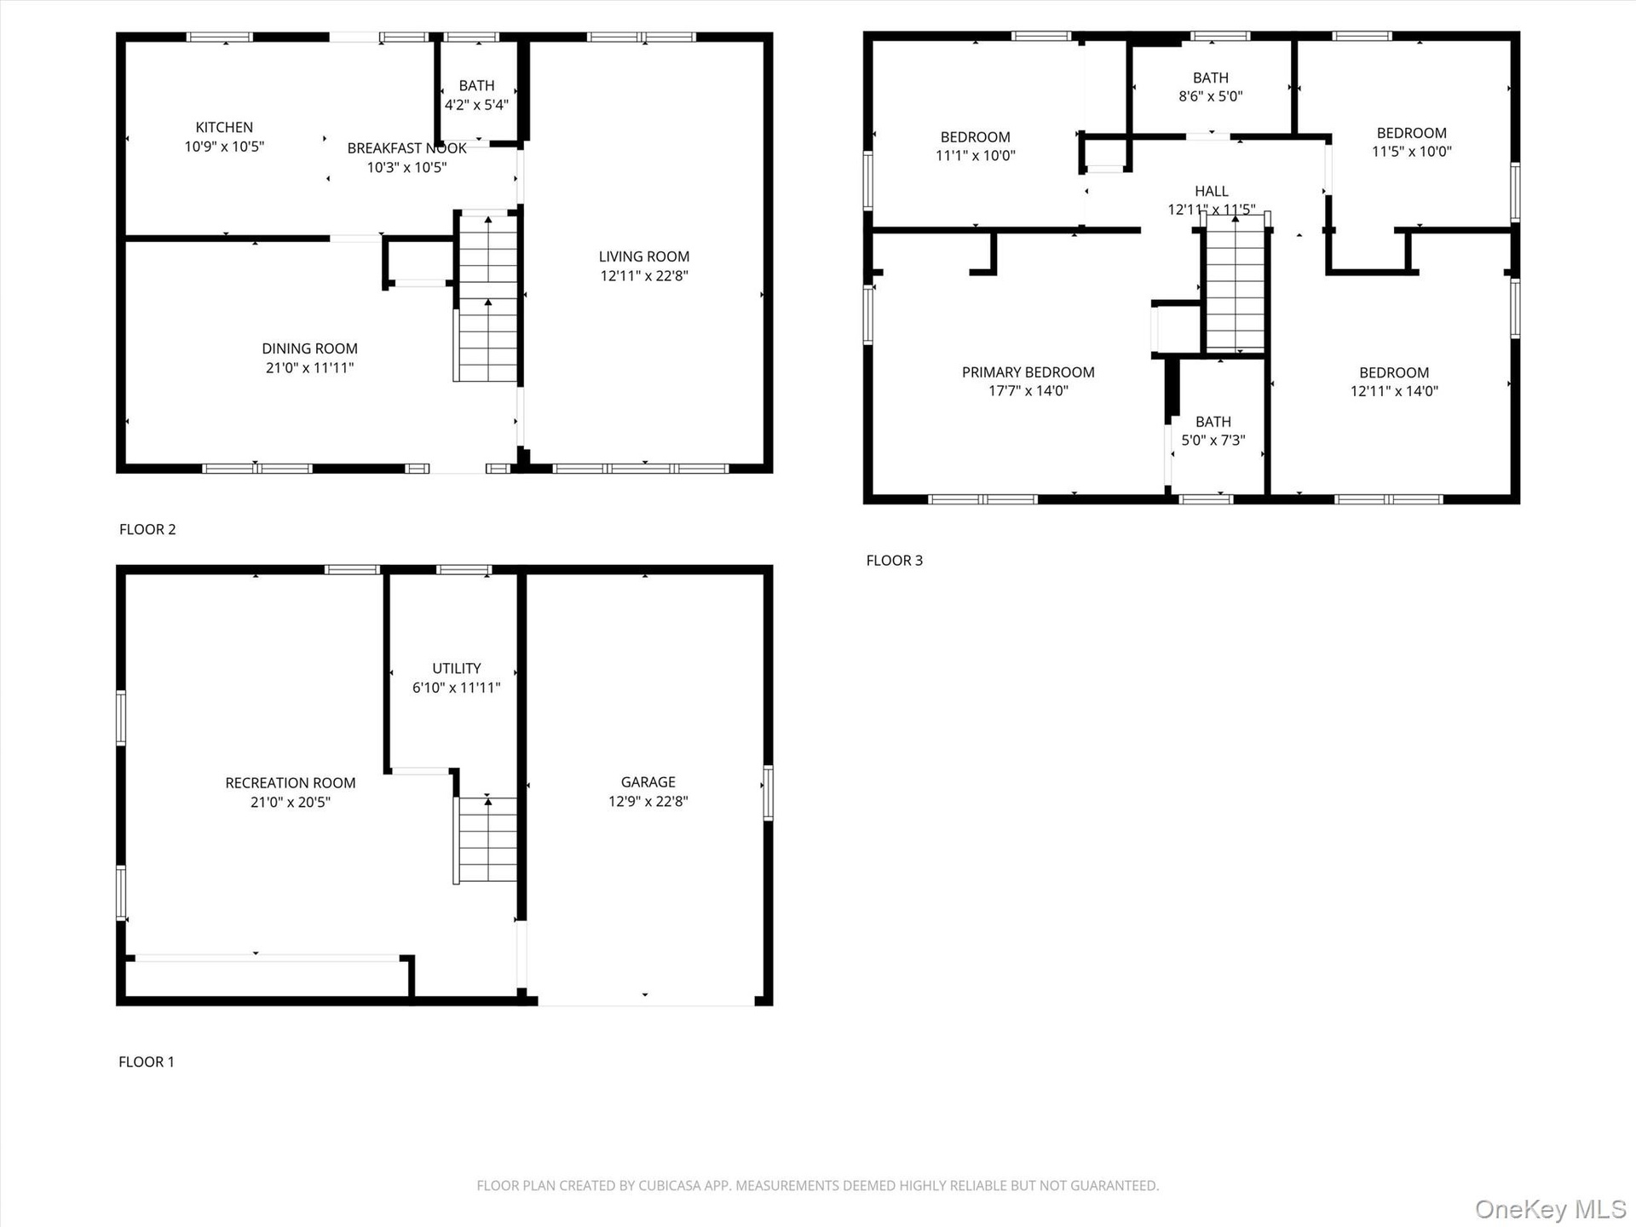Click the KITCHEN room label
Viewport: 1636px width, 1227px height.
point(224,127)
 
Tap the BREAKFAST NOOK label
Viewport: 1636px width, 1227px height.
point(406,148)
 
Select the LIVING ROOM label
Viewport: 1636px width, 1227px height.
point(643,256)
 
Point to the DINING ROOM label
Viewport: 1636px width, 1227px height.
point(309,349)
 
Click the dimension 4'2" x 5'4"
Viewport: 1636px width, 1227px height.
point(476,105)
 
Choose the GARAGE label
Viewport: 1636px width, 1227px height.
point(648,782)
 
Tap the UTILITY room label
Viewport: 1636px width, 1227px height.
point(456,669)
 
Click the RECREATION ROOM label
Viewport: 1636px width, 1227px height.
point(290,783)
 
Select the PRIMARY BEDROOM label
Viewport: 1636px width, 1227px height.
point(1028,372)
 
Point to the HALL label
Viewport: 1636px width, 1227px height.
point(1211,192)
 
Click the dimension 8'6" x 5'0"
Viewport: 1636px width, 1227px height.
point(1210,96)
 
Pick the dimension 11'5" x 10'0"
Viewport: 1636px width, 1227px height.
point(1411,152)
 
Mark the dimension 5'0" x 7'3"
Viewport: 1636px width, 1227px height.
point(1213,441)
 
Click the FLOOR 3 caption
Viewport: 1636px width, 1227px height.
point(894,561)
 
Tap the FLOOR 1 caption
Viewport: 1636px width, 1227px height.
point(146,1062)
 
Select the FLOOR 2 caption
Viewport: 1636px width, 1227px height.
point(147,529)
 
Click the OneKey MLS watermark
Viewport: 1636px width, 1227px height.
point(1551,1208)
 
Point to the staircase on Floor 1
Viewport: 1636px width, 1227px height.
point(486,840)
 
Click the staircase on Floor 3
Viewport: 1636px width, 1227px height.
point(1235,283)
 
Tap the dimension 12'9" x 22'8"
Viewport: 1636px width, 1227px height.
point(648,801)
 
